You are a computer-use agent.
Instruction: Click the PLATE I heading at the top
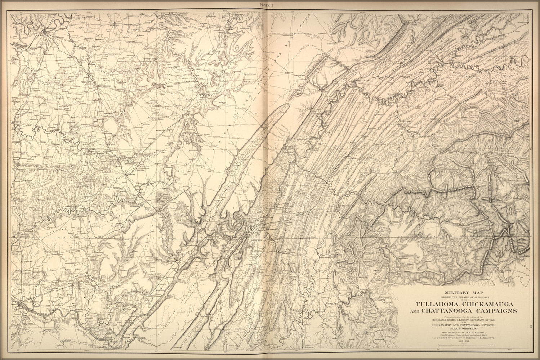pos(270,4)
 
